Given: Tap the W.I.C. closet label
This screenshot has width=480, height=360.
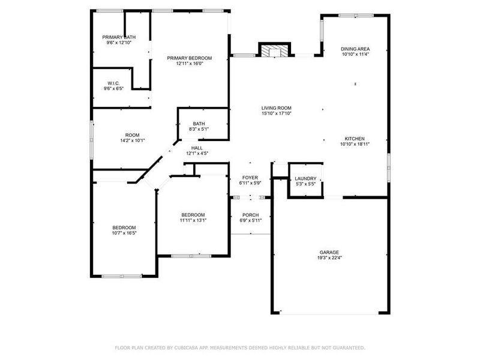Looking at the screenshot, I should pyautogui.click(x=115, y=83).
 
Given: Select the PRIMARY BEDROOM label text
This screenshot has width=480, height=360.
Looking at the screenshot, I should pyautogui.click(x=190, y=58).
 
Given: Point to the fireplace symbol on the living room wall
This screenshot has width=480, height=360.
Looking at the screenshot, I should pyautogui.click(x=274, y=50).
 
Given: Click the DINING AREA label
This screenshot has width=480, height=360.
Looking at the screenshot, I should pyautogui.click(x=355, y=49).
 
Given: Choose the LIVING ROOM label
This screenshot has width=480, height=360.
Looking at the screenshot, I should pyautogui.click(x=276, y=107).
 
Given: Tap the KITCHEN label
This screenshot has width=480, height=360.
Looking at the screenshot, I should pyautogui.click(x=355, y=139).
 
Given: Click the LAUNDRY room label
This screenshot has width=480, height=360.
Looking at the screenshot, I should pyautogui.click(x=305, y=178).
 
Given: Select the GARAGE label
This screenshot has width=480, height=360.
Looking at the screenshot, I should pyautogui.click(x=329, y=252).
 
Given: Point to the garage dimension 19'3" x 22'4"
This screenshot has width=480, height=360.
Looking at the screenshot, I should pyautogui.click(x=329, y=258).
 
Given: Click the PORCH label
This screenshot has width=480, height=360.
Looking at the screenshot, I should pyautogui.click(x=250, y=215).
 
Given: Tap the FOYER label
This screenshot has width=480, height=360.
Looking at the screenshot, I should pyautogui.click(x=250, y=178).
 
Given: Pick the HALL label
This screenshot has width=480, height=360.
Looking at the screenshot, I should pyautogui.click(x=197, y=148).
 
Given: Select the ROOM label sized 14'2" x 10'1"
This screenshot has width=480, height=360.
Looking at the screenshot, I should pyautogui.click(x=132, y=135).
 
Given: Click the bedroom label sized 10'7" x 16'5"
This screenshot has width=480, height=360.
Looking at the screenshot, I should pyautogui.click(x=124, y=227).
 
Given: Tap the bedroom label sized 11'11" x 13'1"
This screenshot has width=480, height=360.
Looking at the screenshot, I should pyautogui.click(x=193, y=214).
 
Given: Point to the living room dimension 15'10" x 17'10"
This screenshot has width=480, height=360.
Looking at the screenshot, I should pyautogui.click(x=276, y=113).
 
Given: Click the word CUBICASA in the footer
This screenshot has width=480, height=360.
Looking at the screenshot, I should pyautogui.click(x=191, y=347).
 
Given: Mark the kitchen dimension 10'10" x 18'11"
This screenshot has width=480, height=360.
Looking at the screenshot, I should pyautogui.click(x=355, y=145).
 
